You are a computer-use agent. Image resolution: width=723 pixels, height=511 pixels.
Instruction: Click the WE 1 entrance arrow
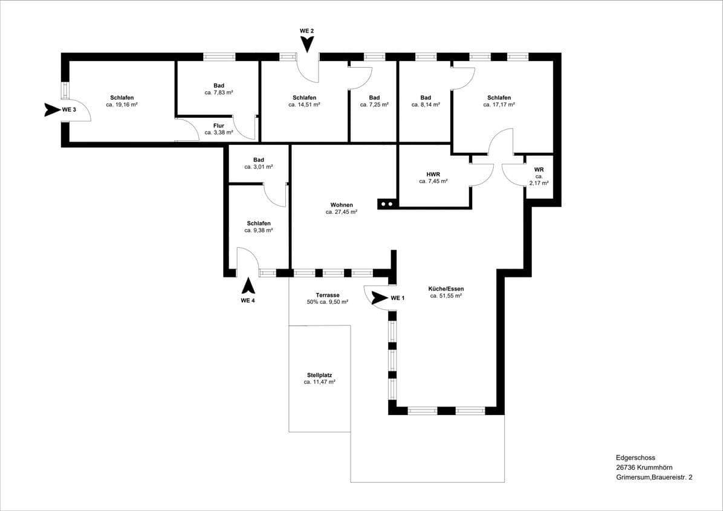(x=380, y=297)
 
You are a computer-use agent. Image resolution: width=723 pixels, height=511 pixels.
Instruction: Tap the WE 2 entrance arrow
(x=307, y=43)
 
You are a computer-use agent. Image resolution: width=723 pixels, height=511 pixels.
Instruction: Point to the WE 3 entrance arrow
(x=53, y=110)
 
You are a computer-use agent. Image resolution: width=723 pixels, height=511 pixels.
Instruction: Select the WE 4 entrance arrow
(x=248, y=286)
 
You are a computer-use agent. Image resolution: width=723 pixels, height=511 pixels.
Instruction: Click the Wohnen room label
(x=342, y=205)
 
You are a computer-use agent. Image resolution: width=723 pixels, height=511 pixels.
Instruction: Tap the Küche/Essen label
(x=446, y=289)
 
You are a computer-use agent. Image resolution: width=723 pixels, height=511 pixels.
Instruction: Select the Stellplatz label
(x=319, y=374)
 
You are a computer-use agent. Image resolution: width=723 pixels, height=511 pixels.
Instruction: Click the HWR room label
(x=433, y=174)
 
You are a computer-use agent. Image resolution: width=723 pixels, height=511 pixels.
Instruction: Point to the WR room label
(x=539, y=170)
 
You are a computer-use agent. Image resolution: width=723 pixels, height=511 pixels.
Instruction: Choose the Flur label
(x=218, y=126)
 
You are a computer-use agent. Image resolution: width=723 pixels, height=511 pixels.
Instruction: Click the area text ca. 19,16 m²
(x=122, y=104)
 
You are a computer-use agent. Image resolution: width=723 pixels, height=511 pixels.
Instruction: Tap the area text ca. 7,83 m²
(x=219, y=92)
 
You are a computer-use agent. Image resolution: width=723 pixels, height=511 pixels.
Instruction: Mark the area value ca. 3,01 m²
(x=259, y=167)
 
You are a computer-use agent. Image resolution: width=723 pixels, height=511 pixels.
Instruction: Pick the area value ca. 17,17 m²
(x=499, y=104)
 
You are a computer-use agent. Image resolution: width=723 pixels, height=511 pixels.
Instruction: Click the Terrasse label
(x=327, y=295)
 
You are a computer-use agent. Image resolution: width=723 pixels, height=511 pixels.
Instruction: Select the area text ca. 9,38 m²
(x=259, y=230)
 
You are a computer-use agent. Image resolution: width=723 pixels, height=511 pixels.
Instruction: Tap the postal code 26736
(x=626, y=468)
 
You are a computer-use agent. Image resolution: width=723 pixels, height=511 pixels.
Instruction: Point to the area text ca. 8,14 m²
(x=426, y=104)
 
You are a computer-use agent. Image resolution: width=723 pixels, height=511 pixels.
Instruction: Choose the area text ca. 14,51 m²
(x=304, y=104)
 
